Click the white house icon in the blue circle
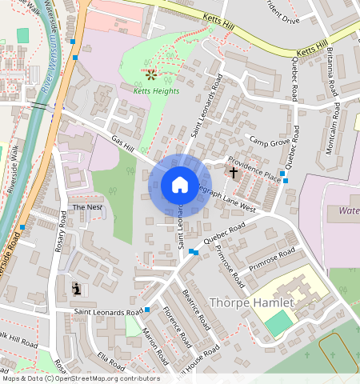coord(180,185)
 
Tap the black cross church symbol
coord(234,172)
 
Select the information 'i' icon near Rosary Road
coord(76,288)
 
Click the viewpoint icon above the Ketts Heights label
coord(151,74)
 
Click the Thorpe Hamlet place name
coord(252,303)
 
